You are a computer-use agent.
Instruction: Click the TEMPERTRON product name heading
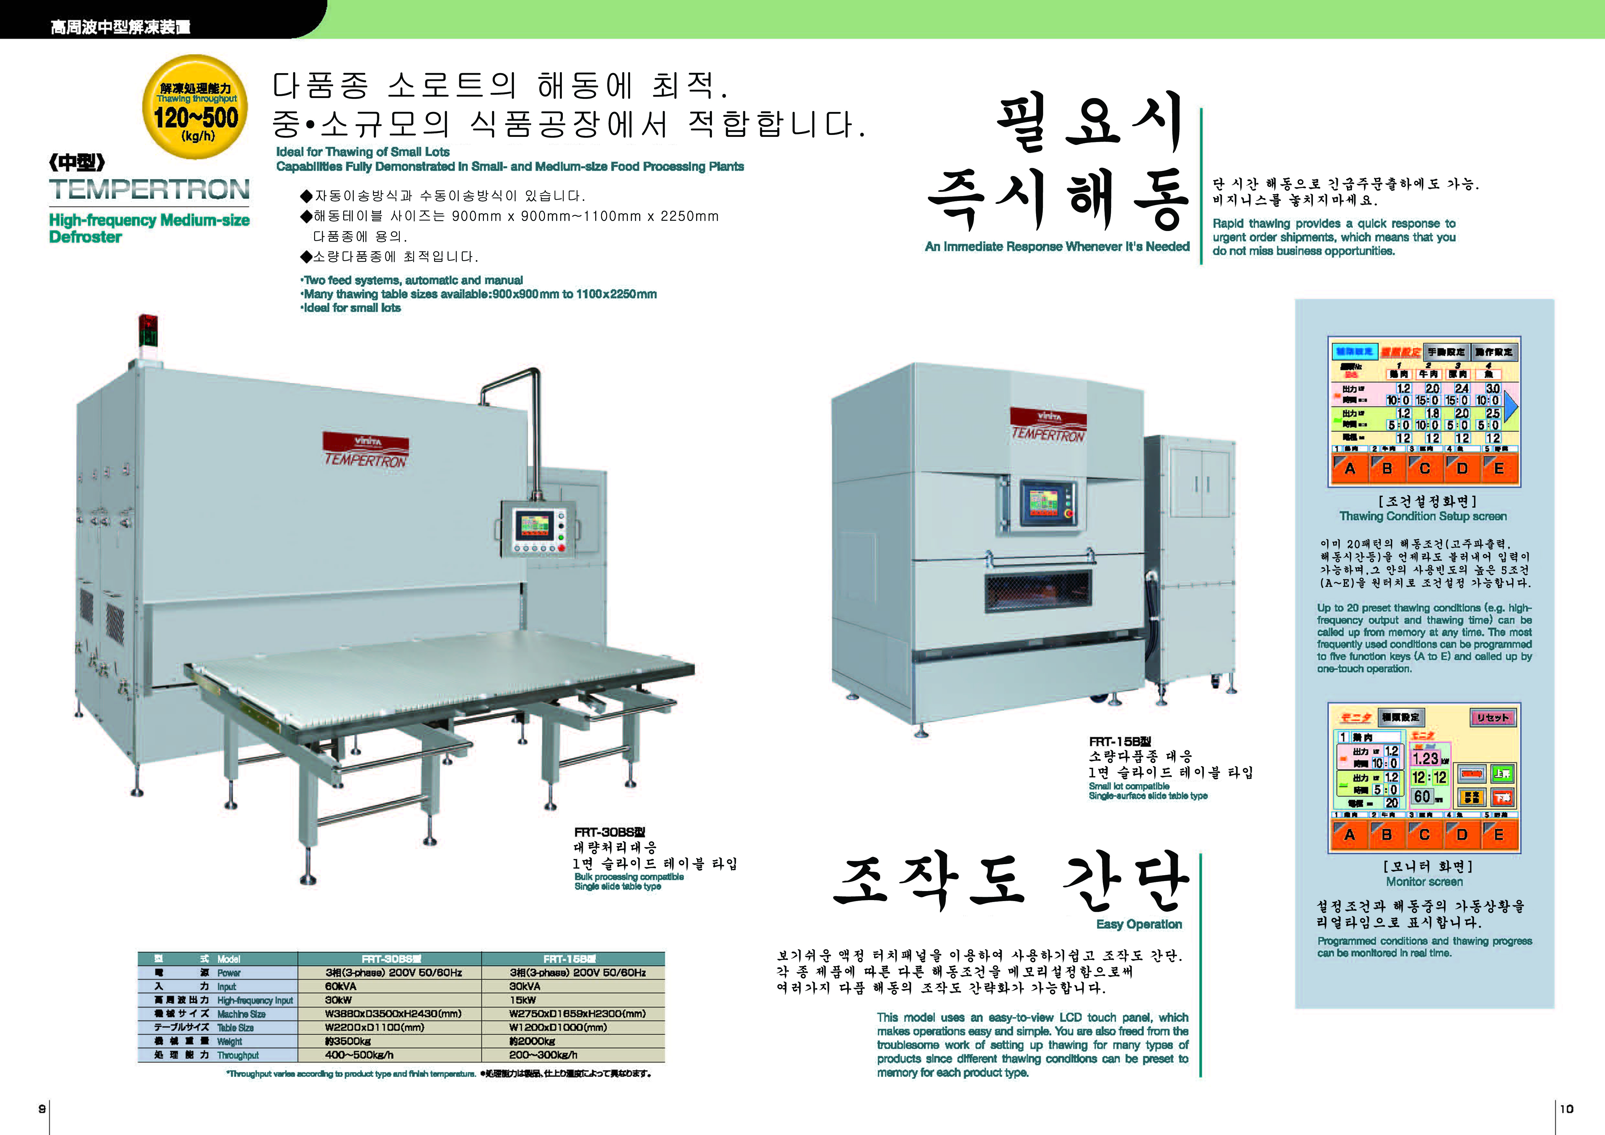click(x=149, y=190)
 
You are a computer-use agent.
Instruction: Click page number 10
click(x=1567, y=1108)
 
